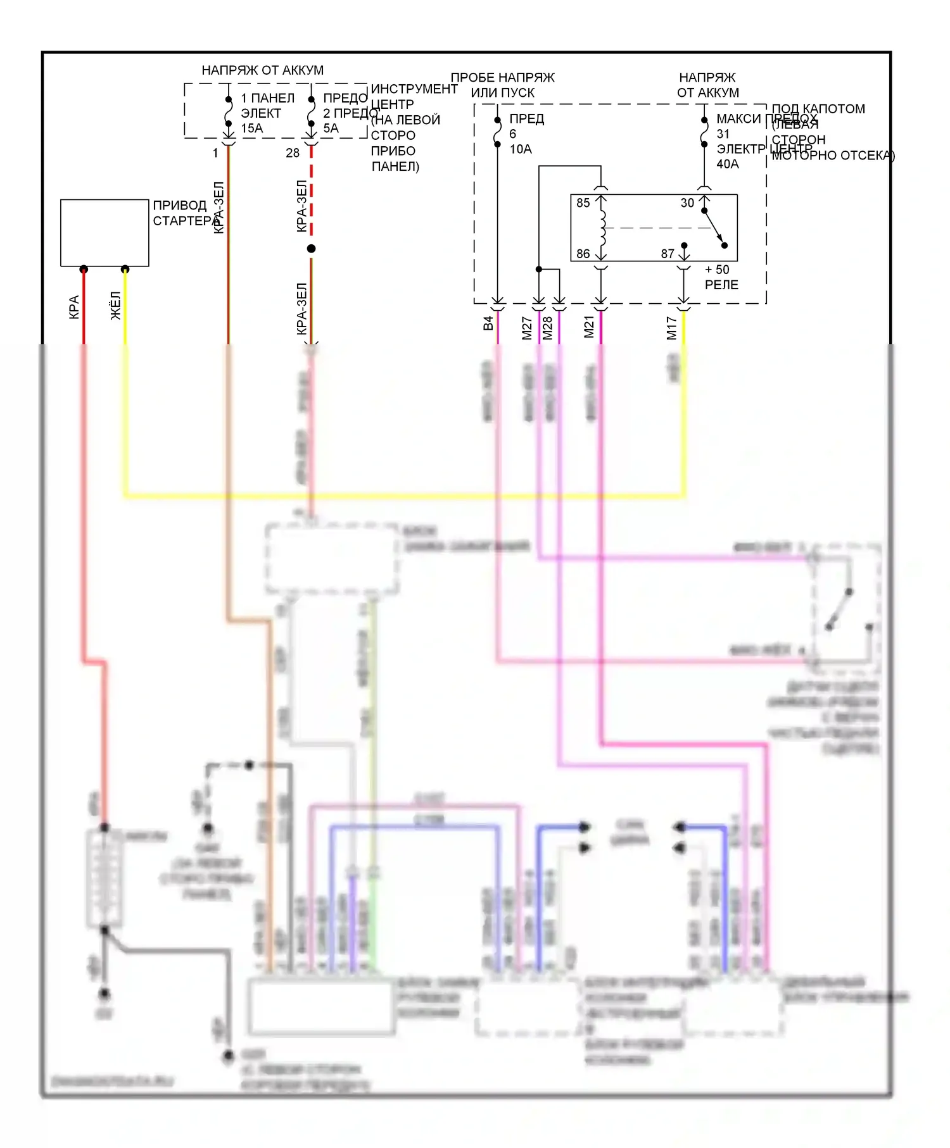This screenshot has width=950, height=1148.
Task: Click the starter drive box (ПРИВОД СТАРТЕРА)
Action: pyautogui.click(x=104, y=233)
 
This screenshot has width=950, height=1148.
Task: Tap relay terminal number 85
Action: pyautogui.click(x=583, y=203)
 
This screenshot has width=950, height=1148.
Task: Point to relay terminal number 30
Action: pyautogui.click(x=687, y=203)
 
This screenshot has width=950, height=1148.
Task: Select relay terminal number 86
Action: pyautogui.click(x=583, y=254)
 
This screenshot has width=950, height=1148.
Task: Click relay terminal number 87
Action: pyautogui.click(x=668, y=254)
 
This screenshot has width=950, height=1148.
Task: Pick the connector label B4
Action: pyautogui.click(x=488, y=323)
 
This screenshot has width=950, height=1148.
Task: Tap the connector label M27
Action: pyautogui.click(x=527, y=328)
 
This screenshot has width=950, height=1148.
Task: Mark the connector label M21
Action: pyautogui.click(x=589, y=327)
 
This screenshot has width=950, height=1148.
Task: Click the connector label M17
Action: pyautogui.click(x=672, y=328)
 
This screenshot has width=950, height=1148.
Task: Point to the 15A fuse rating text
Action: pyautogui.click(x=251, y=128)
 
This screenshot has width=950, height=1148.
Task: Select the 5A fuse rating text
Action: pyautogui.click(x=331, y=128)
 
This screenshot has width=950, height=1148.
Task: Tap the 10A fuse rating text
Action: pyautogui.click(x=521, y=149)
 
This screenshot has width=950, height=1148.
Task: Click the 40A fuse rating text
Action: pyautogui.click(x=728, y=165)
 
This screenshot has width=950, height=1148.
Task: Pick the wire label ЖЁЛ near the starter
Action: pyautogui.click(x=115, y=306)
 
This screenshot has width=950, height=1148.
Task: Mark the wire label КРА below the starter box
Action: pyautogui.click(x=74, y=307)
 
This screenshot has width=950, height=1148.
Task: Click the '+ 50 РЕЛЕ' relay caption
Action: pyautogui.click(x=721, y=277)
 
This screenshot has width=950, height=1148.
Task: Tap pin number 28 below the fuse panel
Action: pyautogui.click(x=293, y=153)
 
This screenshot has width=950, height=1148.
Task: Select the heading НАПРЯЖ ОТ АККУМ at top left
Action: pyautogui.click(x=262, y=70)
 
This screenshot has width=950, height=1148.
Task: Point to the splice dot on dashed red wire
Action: pyautogui.click(x=311, y=249)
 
